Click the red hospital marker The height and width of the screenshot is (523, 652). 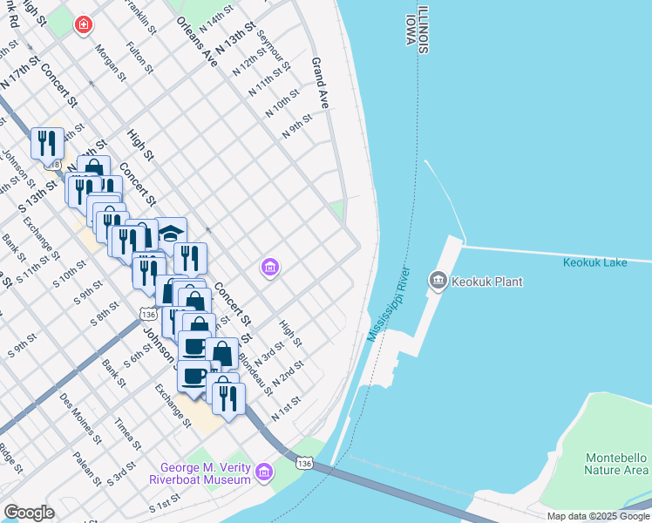(83, 25)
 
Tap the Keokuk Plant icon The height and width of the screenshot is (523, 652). (437, 280)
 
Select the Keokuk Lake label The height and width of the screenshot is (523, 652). (607, 261)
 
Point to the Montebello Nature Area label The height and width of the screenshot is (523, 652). (615, 464)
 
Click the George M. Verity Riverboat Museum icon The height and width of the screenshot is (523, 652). (264, 472)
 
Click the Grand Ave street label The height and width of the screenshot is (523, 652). (321, 77)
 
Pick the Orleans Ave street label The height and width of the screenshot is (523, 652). (195, 41)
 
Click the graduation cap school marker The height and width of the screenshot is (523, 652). (171, 233)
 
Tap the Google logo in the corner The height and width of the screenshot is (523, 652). (28, 513)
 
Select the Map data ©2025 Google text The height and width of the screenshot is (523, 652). (598, 516)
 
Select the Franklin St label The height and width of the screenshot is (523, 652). (139, 17)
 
